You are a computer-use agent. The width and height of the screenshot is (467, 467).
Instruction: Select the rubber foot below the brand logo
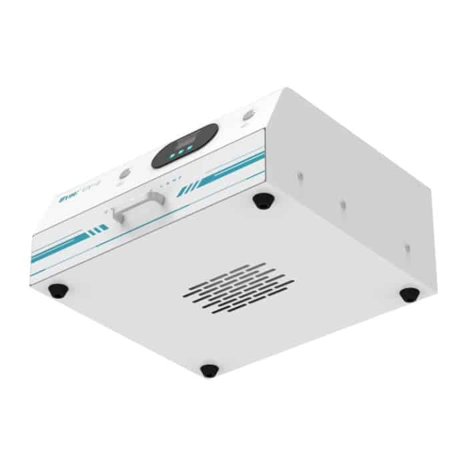click(x=58, y=290)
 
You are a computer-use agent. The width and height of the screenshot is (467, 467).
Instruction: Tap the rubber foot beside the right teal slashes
click(x=263, y=200)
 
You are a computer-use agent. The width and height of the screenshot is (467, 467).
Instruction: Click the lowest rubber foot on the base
click(x=209, y=370)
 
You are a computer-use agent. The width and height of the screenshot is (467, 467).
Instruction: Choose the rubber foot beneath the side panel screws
click(x=408, y=294)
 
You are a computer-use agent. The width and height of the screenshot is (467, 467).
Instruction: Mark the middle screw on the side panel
click(x=343, y=205)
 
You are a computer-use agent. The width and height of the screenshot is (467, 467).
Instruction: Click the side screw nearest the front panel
click(x=300, y=175)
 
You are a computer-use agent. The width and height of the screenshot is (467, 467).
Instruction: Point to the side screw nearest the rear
click(x=406, y=248)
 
